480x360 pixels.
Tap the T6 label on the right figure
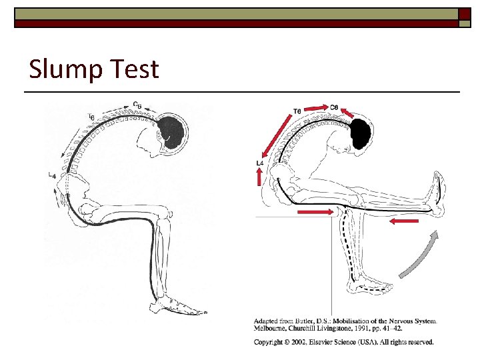tap(297, 111)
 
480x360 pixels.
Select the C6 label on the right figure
tap(335, 107)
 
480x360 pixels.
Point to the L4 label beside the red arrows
tap(260, 163)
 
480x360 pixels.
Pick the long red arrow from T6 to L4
tap(276, 136)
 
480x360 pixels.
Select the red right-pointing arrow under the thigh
tap(315, 212)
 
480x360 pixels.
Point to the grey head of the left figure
tap(175, 131)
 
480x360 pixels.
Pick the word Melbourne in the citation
tap(274, 328)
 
